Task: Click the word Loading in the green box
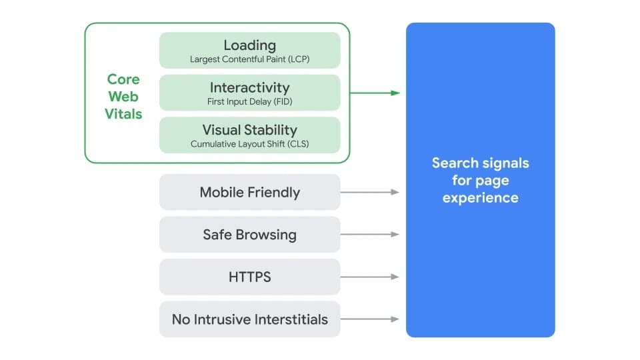point(249,45)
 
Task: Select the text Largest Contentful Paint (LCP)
point(249,60)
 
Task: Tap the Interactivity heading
point(249,87)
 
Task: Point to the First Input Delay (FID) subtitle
point(249,102)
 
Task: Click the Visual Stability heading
point(249,130)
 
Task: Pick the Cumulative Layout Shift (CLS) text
point(249,144)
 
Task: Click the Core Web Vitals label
point(123,97)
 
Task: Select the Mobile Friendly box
point(249,192)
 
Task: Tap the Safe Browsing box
point(249,235)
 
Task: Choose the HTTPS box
point(249,277)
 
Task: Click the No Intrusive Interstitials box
point(249,319)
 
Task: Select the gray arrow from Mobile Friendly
point(370,192)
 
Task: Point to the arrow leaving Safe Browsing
point(370,235)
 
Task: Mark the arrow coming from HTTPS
point(370,277)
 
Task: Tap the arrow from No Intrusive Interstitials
point(370,319)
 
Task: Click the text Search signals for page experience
point(480,180)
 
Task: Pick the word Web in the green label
point(123,97)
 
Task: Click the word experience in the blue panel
point(480,197)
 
